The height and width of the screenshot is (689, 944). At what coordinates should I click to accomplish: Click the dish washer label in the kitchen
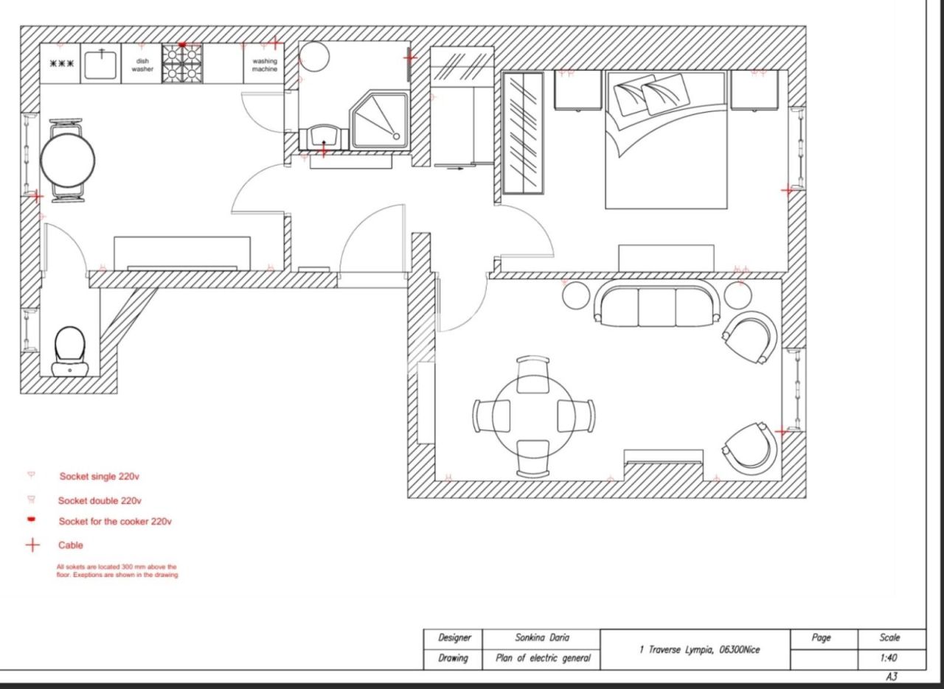142,65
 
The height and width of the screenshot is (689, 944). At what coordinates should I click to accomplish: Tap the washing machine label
265,65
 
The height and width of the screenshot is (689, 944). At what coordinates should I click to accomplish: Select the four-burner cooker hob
182,63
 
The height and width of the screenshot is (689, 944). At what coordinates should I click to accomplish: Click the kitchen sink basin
102,64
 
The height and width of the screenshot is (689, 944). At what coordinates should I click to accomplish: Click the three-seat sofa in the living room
656,305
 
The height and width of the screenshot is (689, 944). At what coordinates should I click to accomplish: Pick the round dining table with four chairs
533,416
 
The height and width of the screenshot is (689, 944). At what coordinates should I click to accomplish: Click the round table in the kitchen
67,160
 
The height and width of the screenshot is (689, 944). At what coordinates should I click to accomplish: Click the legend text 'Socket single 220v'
99,477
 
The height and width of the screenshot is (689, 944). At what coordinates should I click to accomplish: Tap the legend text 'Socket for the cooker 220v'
115,522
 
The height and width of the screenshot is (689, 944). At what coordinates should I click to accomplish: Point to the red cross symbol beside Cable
32,545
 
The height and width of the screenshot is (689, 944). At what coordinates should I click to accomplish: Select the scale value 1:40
889,658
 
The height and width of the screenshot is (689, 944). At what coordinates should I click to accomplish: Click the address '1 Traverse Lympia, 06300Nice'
699,649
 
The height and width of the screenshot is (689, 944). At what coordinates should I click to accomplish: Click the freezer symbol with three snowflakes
62,63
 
